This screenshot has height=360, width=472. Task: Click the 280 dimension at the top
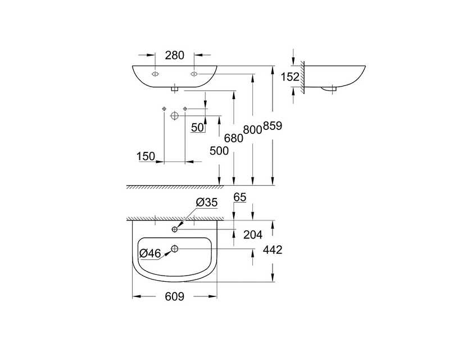click(x=175, y=56)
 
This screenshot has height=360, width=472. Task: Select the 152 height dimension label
click(x=290, y=77)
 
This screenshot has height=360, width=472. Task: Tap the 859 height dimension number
click(x=273, y=125)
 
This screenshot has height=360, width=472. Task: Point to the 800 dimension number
click(x=252, y=130)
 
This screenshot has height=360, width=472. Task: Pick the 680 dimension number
click(x=234, y=138)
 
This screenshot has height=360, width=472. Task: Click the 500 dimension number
click(x=219, y=151)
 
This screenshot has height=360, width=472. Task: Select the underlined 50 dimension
click(x=197, y=128)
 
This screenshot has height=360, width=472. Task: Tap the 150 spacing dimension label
click(x=146, y=156)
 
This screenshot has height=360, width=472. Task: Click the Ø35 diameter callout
click(x=207, y=202)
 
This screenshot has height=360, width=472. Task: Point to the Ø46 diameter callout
click(x=151, y=253)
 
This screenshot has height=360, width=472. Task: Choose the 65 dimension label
click(x=240, y=197)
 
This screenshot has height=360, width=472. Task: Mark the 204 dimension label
click(x=253, y=235)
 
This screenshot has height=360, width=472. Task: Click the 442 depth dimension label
click(x=273, y=250)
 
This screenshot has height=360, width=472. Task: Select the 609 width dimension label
click(x=175, y=297)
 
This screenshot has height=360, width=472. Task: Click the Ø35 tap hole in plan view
click(x=175, y=229)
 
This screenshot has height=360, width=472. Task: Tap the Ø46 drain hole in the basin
click(x=175, y=249)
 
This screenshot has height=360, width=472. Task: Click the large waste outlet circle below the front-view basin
click(x=175, y=116)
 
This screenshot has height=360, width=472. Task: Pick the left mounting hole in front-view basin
click(x=155, y=74)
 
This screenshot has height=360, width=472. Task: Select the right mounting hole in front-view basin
click(x=194, y=74)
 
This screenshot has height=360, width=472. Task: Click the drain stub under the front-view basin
click(x=175, y=89)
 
